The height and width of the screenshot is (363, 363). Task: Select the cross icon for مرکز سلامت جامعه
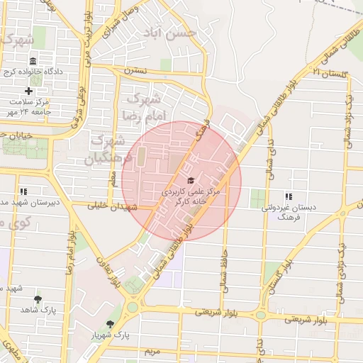click(28, 91)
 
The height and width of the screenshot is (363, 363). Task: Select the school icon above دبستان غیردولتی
click(288, 196)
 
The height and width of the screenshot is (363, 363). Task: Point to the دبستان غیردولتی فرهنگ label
click(282, 213)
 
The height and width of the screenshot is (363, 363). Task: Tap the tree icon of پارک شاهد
click(38, 299)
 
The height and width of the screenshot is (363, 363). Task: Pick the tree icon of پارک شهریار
click(109, 323)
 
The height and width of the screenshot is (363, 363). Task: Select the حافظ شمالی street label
click(223, 263)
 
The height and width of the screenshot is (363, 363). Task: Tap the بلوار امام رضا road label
click(71, 252)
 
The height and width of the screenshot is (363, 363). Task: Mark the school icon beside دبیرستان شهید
click(23, 191)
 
